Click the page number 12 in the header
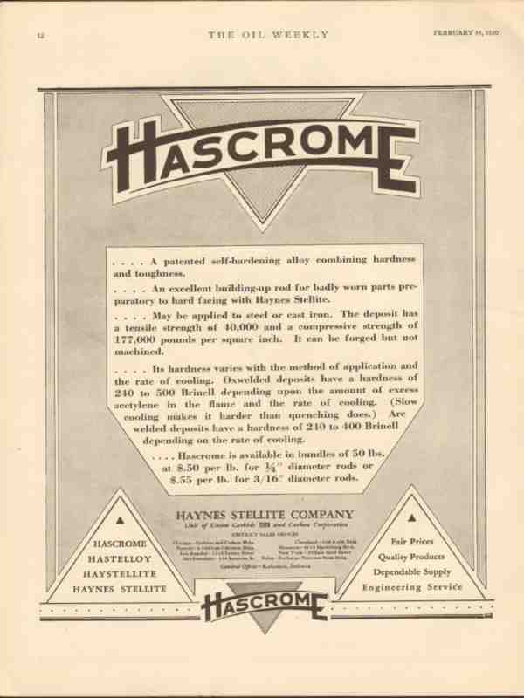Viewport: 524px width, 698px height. [x=40, y=35]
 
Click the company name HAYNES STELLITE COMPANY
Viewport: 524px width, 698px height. [x=265, y=514]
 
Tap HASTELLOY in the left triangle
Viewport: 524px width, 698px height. [x=120, y=558]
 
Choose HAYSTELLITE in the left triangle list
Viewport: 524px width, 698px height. [x=120, y=574]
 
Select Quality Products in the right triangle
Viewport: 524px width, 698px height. [x=410, y=557]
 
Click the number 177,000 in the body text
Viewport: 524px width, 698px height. [x=135, y=339]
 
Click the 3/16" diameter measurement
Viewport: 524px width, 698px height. [x=276, y=479]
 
